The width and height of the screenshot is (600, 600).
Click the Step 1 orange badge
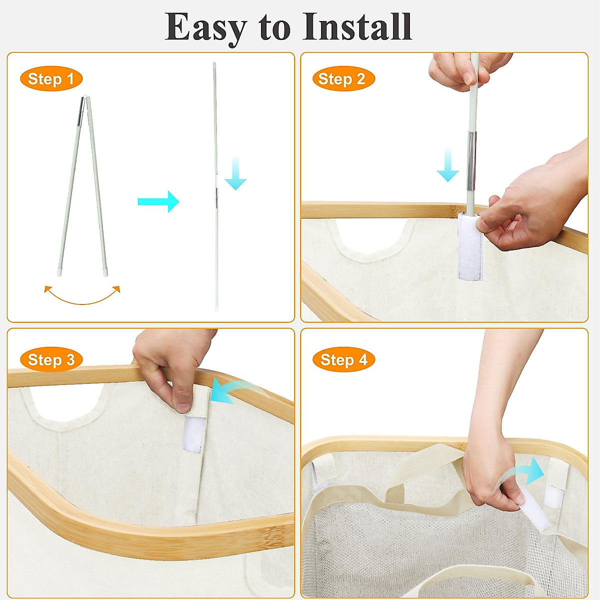click(x=50, y=79)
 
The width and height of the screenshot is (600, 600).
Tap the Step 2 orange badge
click(x=343, y=79)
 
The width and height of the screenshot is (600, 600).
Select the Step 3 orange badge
click(x=50, y=359)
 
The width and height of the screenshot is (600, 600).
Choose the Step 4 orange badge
click(x=343, y=359)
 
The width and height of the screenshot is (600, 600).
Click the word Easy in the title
click(x=206, y=27)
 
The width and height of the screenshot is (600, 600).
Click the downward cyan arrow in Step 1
click(x=235, y=173)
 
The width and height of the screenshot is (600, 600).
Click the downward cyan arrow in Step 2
click(x=447, y=165)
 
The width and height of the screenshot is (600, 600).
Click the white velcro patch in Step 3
click(x=192, y=435)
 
